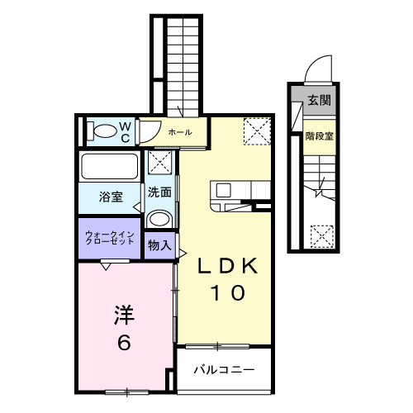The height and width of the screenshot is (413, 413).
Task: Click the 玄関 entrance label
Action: coord(319,100)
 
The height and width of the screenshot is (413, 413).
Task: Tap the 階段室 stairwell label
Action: coord(319,136)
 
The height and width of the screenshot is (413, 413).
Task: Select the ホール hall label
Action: coord(180,132)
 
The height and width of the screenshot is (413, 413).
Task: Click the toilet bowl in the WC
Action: coord(105,131)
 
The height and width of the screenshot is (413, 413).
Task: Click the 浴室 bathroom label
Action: coord(112,197)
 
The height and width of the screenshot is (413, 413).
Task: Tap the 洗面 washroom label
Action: coord(160,192)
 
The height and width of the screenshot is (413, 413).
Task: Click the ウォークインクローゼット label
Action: coord(110,240)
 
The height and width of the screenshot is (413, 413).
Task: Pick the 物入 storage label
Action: coord(159,244)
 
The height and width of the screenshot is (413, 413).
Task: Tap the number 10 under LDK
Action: coord(225,292)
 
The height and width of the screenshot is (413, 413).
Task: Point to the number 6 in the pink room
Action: coord(124,341)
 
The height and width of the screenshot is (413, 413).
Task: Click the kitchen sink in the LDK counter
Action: coord(224,191)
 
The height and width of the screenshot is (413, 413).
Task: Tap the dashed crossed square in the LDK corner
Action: coord(255,130)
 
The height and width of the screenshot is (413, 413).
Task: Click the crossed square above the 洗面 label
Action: coord(160,164)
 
